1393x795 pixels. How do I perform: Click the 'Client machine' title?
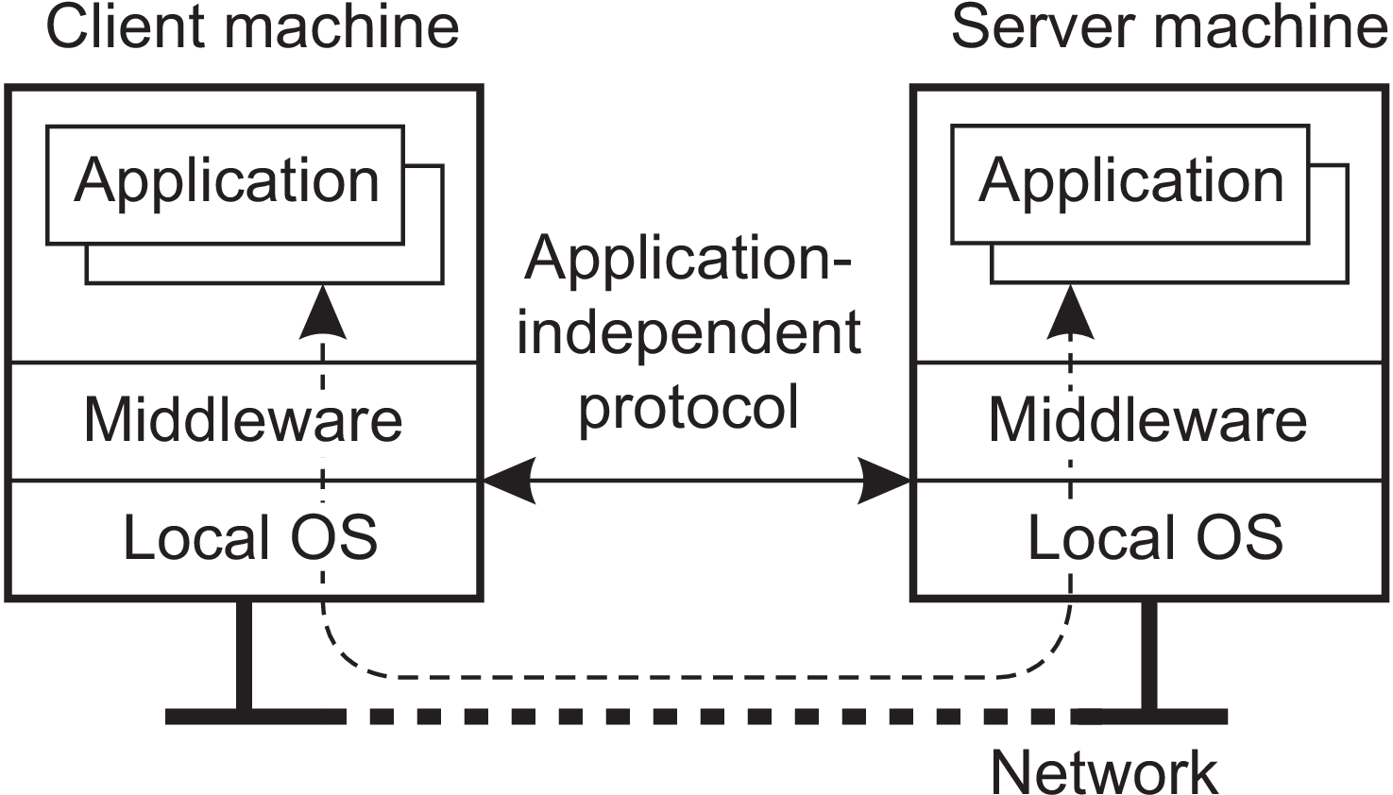tap(252, 27)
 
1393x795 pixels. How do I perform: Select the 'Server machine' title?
tap(1169, 27)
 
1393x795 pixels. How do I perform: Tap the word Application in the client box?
tap(227, 181)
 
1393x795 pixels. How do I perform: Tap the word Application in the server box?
tap(1131, 181)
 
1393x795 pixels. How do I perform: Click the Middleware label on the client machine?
tap(244, 420)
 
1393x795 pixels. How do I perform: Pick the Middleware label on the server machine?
tap(1147, 420)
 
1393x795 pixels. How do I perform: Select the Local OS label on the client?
tap(250, 538)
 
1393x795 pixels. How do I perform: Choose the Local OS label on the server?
tap(1154, 538)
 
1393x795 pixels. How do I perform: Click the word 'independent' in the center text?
tap(688, 332)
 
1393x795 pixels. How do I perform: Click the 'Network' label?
tap(1104, 772)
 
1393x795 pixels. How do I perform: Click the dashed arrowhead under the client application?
tap(323, 313)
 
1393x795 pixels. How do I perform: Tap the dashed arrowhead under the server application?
tap(1071, 313)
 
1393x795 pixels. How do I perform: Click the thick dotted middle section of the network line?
tap(708, 717)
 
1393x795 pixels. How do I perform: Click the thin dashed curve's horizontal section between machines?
tap(699, 677)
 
